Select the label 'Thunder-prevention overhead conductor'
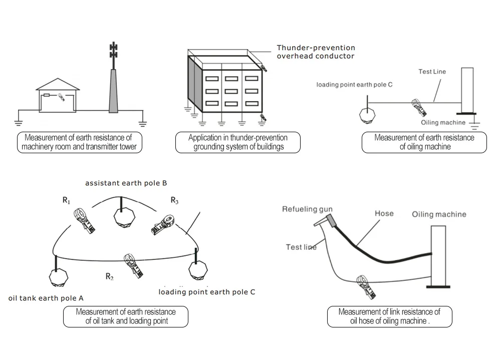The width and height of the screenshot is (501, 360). pos(315,52)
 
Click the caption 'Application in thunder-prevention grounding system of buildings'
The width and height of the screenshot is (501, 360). pos(237,142)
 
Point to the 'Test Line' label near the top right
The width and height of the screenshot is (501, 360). pos(432,72)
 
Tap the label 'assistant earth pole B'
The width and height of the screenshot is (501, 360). pos(126,183)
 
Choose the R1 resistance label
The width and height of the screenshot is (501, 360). pos(66,200)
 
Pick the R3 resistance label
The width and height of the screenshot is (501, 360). pos(174,200)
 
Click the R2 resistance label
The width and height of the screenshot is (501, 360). pos(110,276)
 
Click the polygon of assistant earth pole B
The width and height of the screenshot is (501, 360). pos(123,217)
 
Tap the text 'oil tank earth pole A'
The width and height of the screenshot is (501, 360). pos(46,298)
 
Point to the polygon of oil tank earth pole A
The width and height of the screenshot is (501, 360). pos(58,276)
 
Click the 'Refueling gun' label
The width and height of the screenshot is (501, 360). pos(307,209)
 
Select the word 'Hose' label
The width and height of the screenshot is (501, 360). pos(384,214)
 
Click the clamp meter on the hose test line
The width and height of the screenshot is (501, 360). pos(365,285)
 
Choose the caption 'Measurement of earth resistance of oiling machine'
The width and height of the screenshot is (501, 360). pos(424,142)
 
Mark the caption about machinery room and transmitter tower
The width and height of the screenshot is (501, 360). pos(79,142)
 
